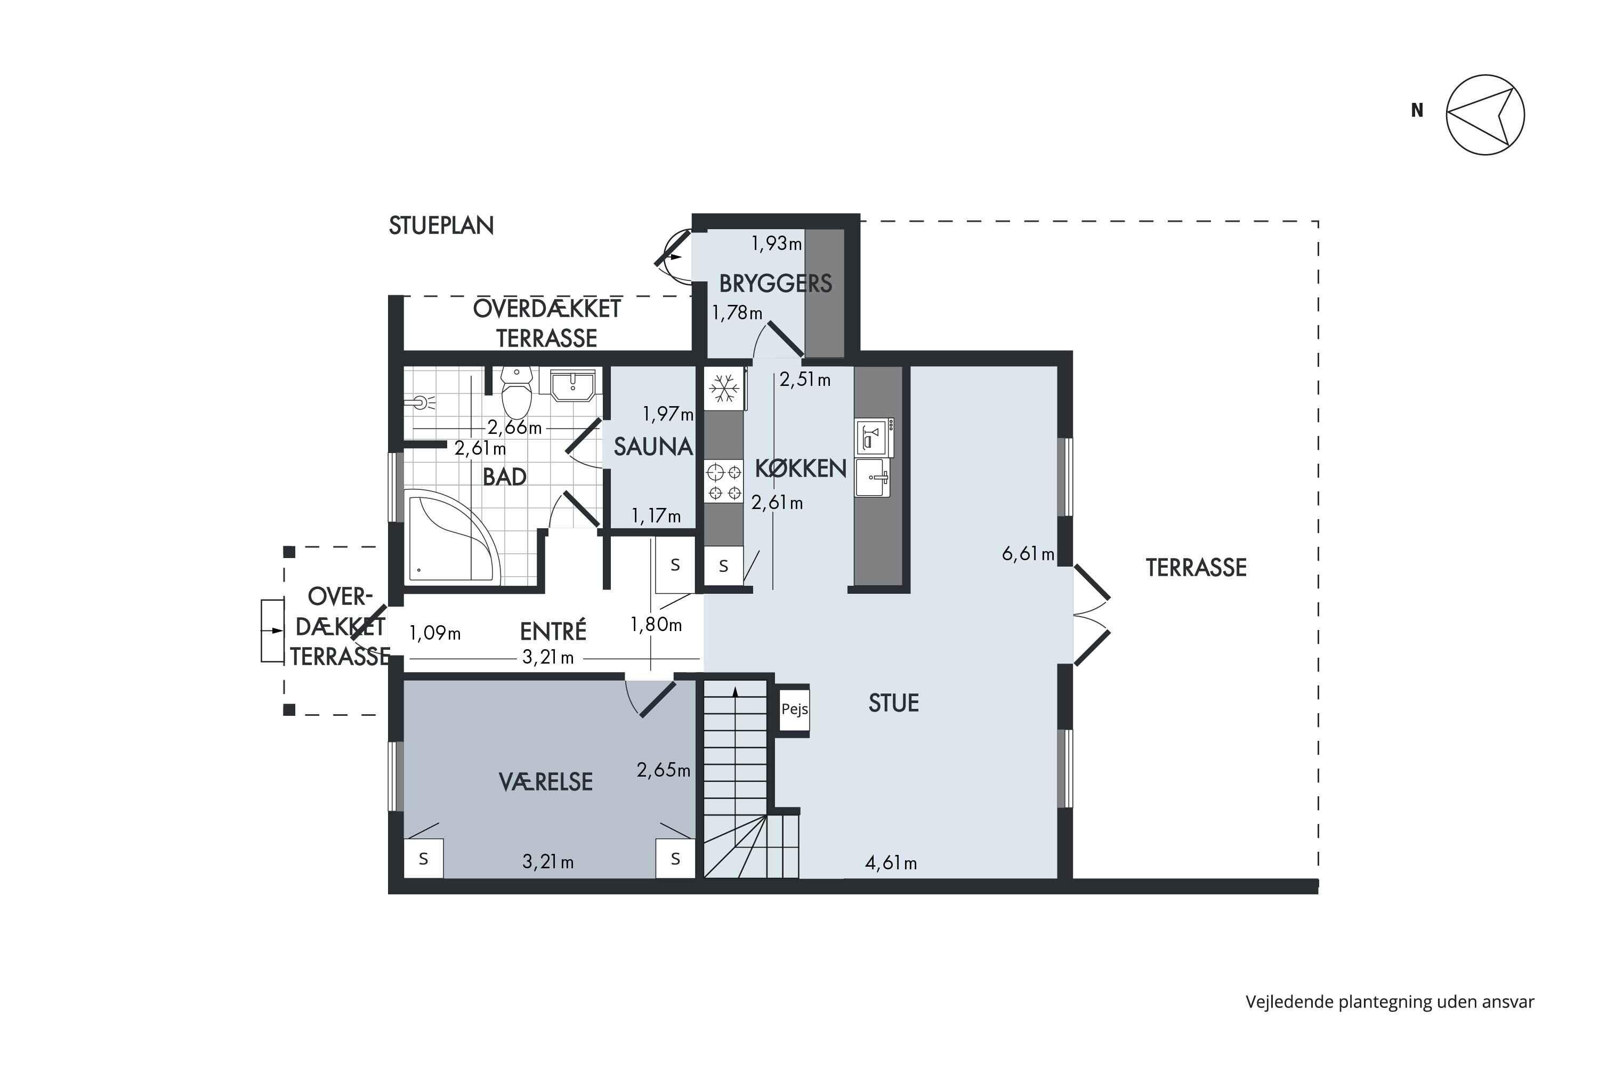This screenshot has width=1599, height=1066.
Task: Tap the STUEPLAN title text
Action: (441, 225)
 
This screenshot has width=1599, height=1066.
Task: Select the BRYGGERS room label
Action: (776, 284)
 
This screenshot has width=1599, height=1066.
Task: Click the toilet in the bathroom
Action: (516, 393)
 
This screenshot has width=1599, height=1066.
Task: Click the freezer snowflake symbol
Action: (724, 389)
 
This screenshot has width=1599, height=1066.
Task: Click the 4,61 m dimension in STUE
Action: (891, 863)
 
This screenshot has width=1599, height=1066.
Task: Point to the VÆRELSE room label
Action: (546, 782)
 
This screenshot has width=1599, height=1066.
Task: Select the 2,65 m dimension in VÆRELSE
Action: (664, 770)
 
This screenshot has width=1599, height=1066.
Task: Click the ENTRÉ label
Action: (553, 632)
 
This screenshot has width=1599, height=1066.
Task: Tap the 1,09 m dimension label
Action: (435, 634)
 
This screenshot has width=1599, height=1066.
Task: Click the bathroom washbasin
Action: (572, 385)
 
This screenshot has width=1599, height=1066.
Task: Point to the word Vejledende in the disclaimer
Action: (1289, 1002)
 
